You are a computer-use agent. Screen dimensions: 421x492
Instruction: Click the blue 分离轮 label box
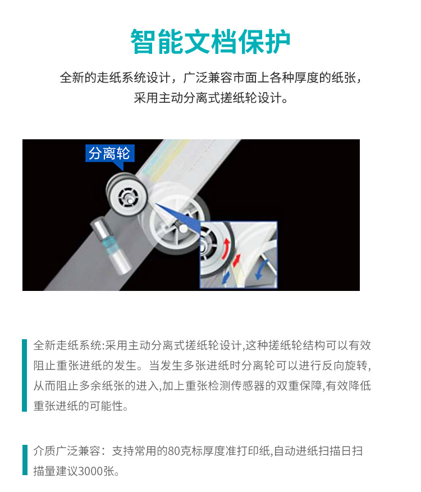coord(110,153)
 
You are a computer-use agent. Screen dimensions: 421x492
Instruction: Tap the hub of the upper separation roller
coord(129,198)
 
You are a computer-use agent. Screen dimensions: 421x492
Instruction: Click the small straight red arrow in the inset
coord(236,261)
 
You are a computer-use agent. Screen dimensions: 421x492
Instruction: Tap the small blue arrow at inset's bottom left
coord(226,278)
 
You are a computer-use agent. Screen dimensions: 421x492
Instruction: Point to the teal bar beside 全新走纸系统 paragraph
coord(25,375)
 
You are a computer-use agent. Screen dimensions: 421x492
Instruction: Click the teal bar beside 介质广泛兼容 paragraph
coord(25,460)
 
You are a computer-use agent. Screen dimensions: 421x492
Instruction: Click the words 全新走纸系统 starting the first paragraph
coord(67,345)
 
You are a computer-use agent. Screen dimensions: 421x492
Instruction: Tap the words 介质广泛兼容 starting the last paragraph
coord(67,451)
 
